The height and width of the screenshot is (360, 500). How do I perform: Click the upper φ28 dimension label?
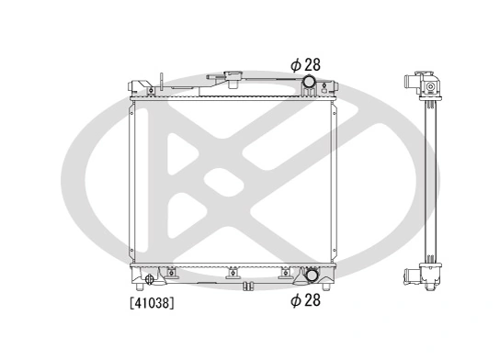pos(306,64)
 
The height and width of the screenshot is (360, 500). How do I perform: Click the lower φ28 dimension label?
pos(306,298)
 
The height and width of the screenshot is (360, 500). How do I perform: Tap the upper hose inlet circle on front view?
pos(310,84)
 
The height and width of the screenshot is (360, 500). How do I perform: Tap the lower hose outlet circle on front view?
pos(312,275)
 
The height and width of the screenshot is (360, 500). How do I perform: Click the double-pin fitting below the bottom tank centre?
pos(247,287)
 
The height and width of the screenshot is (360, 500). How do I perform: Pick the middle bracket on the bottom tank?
pos(233,272)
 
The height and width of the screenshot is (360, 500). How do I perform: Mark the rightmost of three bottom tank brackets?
pos(287,272)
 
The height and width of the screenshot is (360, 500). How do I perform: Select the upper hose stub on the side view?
pos(405,83)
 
